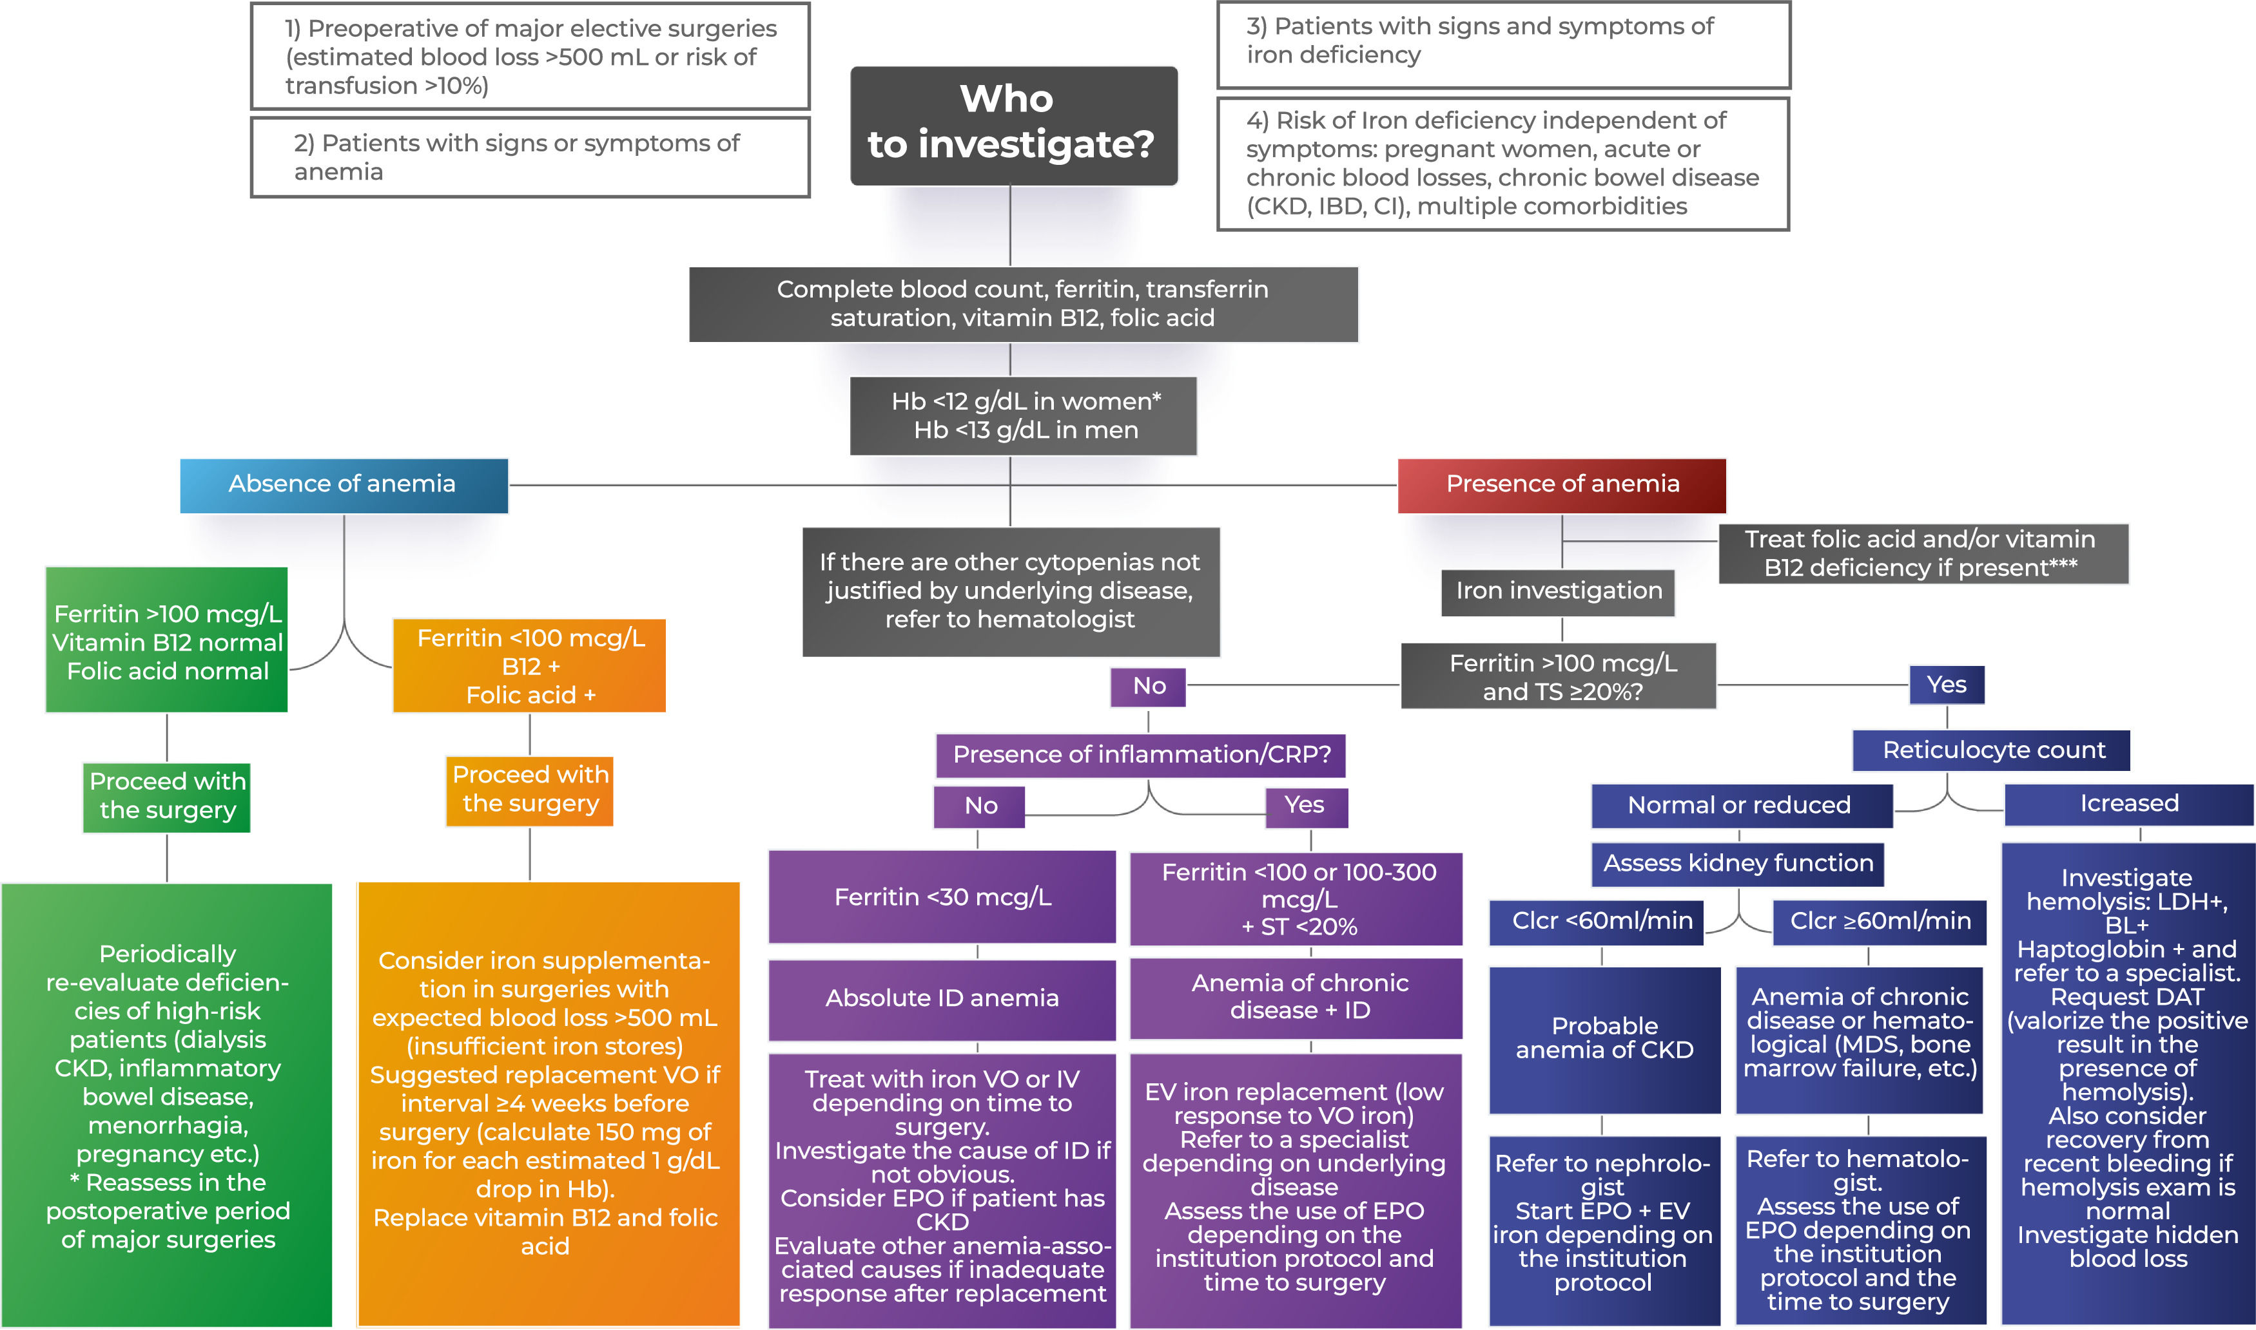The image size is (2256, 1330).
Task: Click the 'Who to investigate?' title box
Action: [1013, 126]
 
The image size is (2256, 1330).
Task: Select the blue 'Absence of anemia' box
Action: [344, 485]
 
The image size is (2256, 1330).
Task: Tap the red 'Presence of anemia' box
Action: [1561, 485]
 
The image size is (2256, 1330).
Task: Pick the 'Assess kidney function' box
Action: [1737, 863]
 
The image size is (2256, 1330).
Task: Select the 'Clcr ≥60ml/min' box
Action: [1880, 921]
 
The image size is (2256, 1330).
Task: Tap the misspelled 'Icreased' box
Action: [2128, 804]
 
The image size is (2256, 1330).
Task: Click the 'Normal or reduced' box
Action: [1740, 806]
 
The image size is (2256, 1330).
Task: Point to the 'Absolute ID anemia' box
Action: [942, 998]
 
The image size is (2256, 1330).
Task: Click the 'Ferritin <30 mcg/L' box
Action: [942, 897]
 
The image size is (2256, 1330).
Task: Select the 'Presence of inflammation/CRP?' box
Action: [1140, 755]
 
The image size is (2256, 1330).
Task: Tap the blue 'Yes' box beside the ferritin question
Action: [1946, 685]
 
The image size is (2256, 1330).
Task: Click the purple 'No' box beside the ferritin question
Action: [1149, 687]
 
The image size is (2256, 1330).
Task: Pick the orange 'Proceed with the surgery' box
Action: [530, 790]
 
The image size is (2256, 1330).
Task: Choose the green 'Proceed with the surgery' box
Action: [167, 797]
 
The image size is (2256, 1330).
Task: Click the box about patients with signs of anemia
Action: [530, 158]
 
